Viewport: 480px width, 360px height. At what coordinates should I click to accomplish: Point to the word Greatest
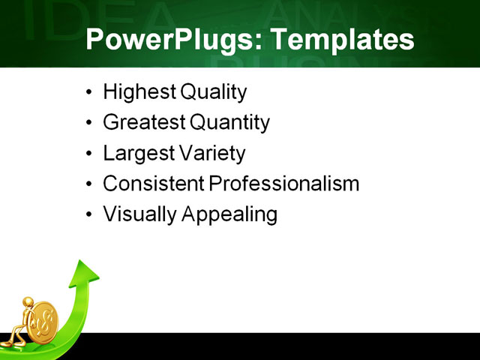click(145, 123)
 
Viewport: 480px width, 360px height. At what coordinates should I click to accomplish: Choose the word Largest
click(139, 154)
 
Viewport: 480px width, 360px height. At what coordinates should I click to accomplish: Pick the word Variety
click(212, 154)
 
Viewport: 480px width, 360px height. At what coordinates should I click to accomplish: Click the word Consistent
click(153, 184)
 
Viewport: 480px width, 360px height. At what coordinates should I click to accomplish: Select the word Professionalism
click(284, 184)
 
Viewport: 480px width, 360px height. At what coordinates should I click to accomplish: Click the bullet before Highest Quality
click(90, 94)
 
